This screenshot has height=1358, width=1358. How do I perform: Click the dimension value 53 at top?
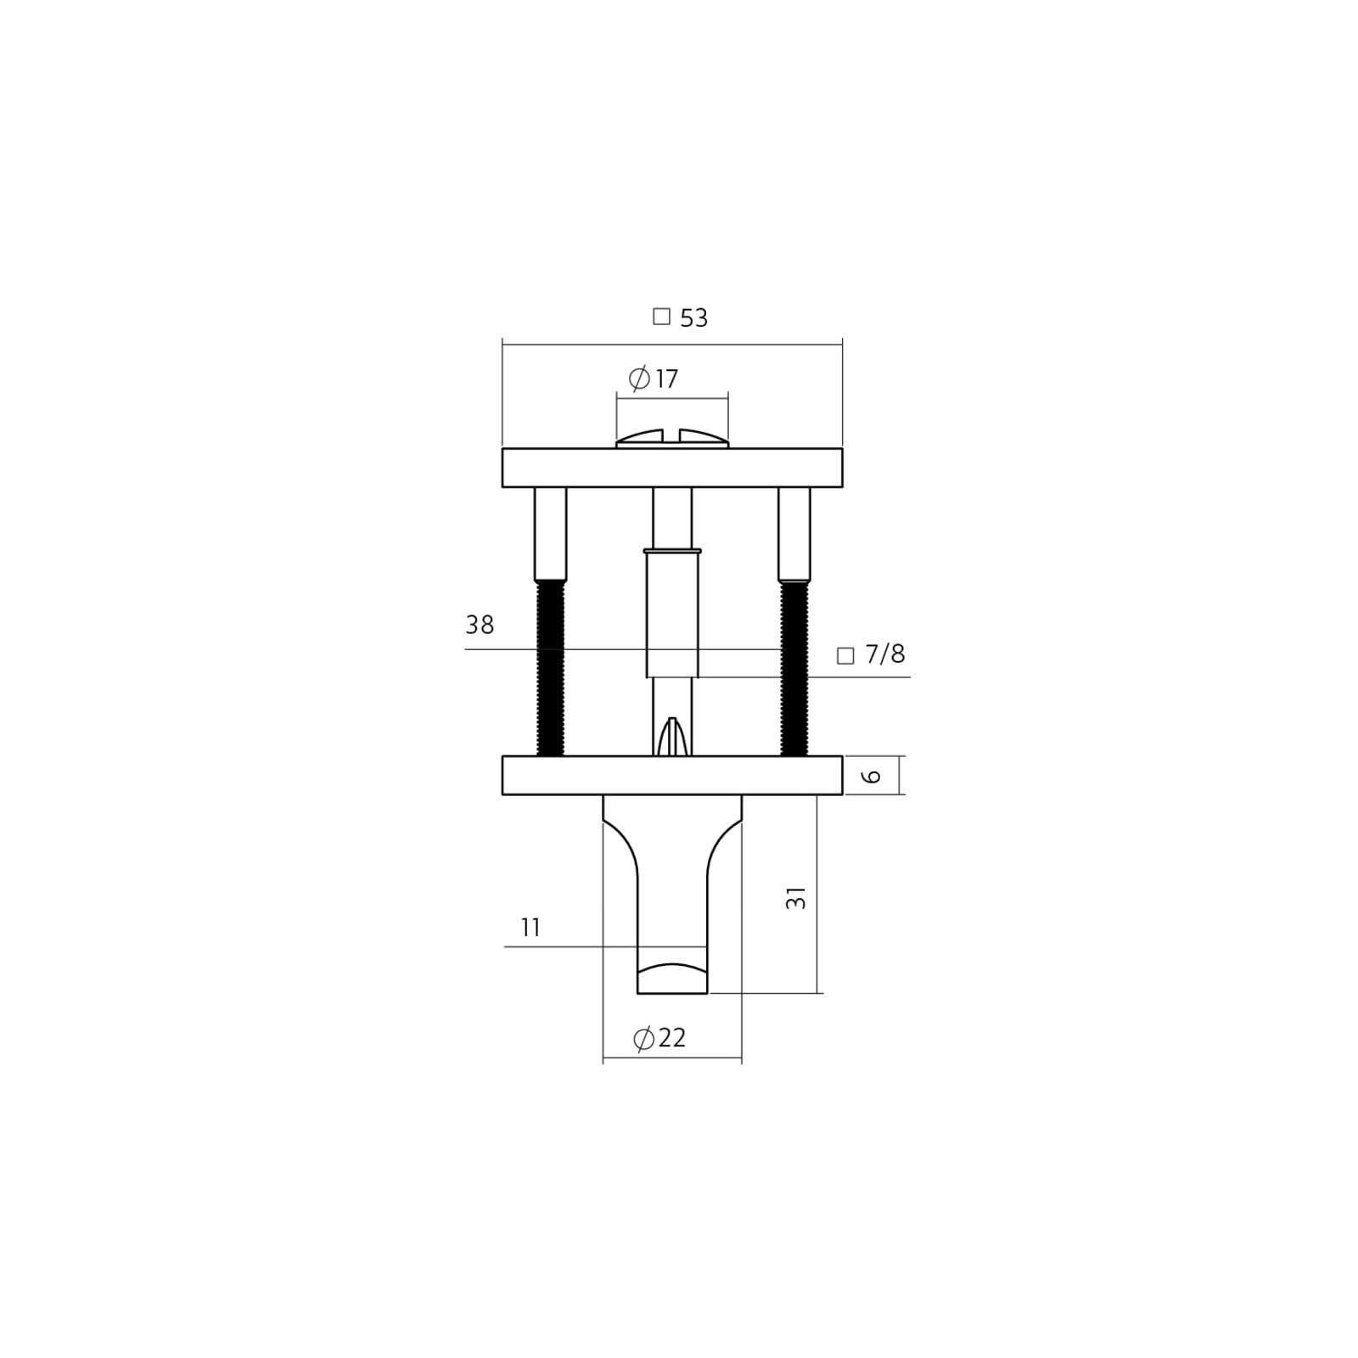tap(693, 318)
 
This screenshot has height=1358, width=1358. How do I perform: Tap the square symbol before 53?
tap(661, 317)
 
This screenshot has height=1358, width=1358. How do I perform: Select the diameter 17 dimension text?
tap(654, 379)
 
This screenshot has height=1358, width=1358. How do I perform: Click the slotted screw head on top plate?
tap(671, 438)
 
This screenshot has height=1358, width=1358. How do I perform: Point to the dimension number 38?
tap(480, 626)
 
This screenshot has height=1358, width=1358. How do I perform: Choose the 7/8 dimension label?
tap(884, 654)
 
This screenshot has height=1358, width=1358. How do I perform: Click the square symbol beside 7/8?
tap(845, 655)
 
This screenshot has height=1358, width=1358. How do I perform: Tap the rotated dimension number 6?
tap(873, 776)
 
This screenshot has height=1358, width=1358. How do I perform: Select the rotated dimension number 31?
tap(796, 898)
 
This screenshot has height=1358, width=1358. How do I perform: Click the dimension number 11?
tap(530, 928)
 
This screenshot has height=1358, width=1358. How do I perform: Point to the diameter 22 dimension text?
tap(659, 1038)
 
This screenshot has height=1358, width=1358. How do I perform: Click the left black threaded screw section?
tap(550, 668)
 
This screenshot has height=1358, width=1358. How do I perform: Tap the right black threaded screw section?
tap(794, 668)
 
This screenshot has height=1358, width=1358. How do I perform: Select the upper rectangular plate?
tap(671, 468)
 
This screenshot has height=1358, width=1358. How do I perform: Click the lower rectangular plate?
tap(671, 776)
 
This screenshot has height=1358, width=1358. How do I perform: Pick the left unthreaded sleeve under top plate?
tap(550, 533)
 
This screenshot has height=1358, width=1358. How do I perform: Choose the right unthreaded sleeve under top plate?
tap(794, 533)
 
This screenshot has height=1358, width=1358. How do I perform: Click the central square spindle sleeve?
tap(672, 613)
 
